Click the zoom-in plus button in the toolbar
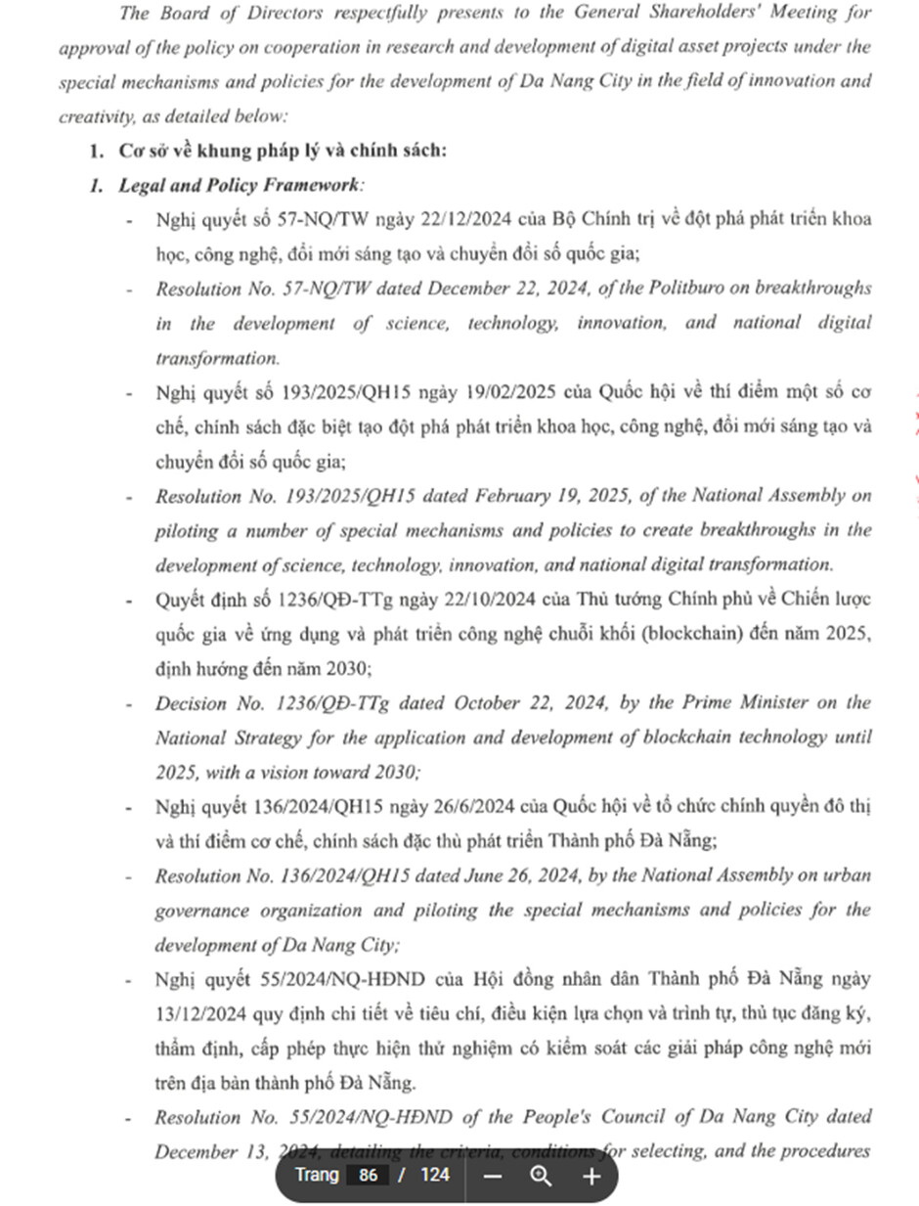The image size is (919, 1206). [x=591, y=1176]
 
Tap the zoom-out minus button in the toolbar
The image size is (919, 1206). [x=492, y=1176]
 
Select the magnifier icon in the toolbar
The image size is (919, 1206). [x=541, y=1176]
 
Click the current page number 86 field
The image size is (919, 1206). [x=368, y=1175]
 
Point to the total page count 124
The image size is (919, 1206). [x=435, y=1175]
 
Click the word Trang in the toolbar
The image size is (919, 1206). [x=317, y=1175]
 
